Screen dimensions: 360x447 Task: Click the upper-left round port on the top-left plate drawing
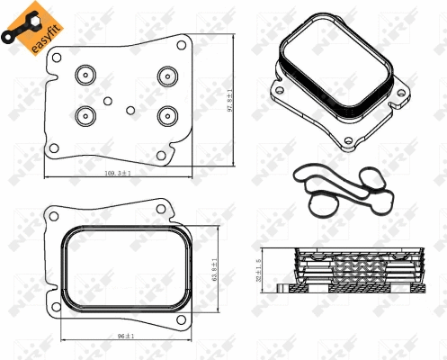pyautogui.click(x=87, y=74)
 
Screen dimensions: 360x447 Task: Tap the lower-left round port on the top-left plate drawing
pyautogui.click(x=87, y=114)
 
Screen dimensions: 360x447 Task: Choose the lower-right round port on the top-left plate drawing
pyautogui.click(x=167, y=114)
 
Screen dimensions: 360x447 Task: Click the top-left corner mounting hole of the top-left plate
pyautogui.click(x=56, y=59)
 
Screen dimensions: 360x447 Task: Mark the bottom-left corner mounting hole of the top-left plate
pyautogui.click(x=55, y=148)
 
